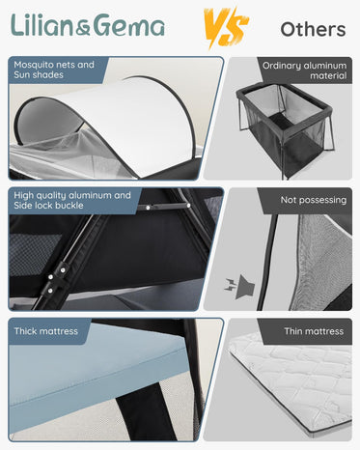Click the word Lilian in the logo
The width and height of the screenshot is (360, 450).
[42, 24]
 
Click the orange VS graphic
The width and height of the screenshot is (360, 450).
[226, 27]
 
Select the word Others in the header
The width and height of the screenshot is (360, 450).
[313, 29]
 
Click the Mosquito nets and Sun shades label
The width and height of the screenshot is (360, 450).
[54, 70]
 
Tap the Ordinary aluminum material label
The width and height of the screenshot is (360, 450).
[304, 70]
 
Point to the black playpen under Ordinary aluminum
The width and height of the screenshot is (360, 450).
[285, 128]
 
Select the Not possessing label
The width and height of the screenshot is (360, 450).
[314, 200]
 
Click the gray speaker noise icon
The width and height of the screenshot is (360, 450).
[239, 287]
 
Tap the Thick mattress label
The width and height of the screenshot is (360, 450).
[45, 331]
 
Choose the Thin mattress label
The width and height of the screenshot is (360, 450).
[314, 331]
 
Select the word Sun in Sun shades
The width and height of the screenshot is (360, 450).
[20, 74]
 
